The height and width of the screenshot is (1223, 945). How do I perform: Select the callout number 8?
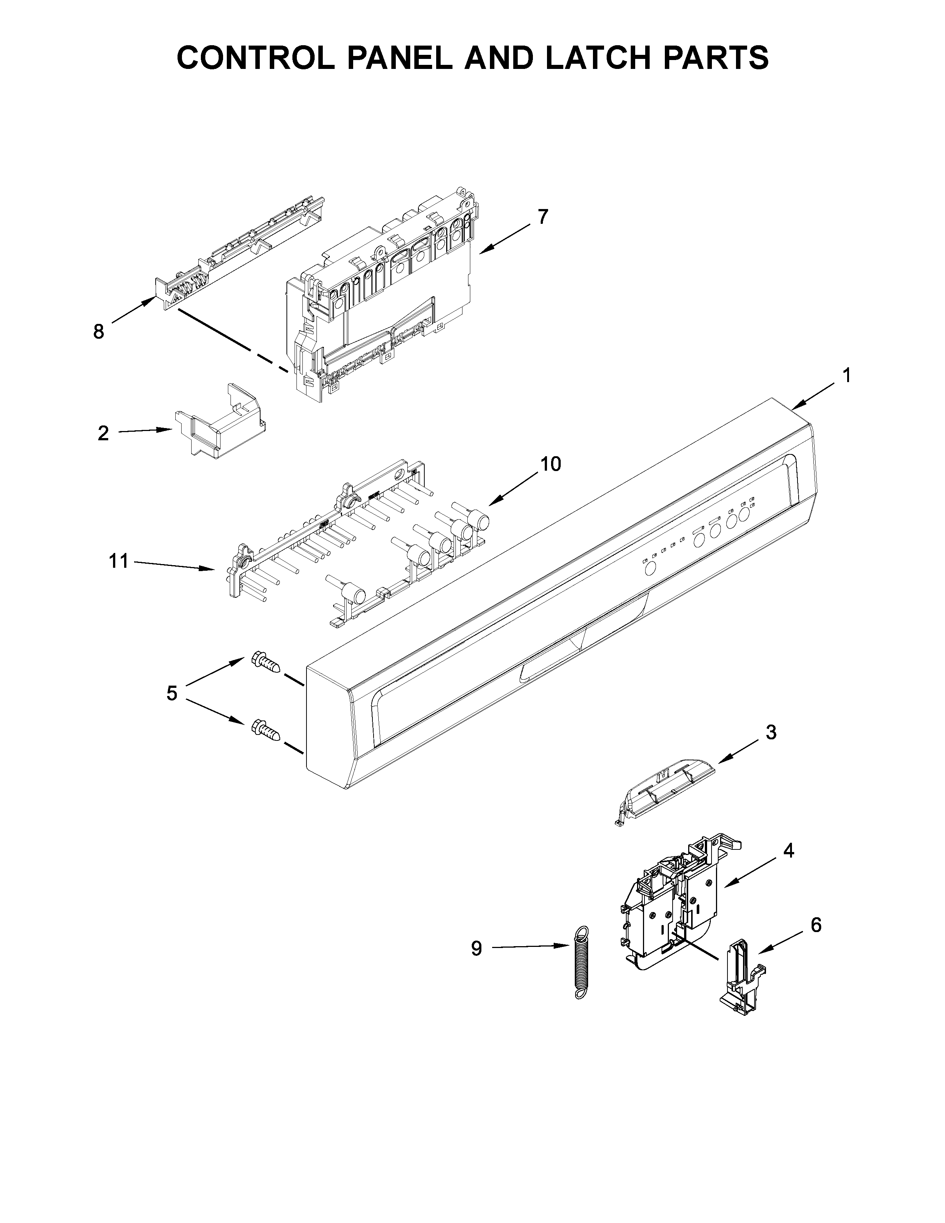(x=99, y=332)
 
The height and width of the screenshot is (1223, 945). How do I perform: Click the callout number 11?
(x=119, y=560)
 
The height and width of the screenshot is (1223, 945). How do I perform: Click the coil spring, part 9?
(x=582, y=961)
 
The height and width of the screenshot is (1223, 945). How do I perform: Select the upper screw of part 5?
(x=266, y=663)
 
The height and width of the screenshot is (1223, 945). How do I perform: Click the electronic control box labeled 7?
(x=381, y=291)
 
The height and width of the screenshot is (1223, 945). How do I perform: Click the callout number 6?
(x=816, y=925)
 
